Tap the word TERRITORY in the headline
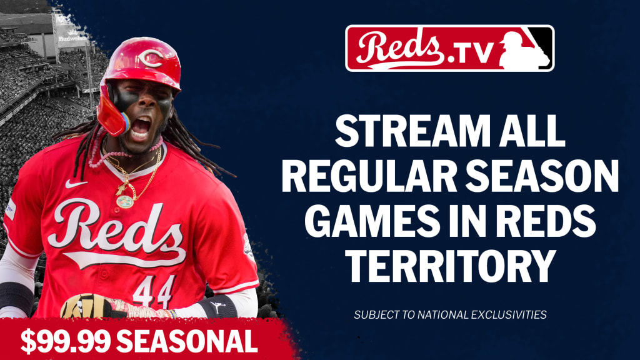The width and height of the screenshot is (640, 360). pos(450,266)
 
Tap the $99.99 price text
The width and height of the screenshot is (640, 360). pos(65,341)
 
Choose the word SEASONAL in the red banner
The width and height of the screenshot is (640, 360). pos(189,341)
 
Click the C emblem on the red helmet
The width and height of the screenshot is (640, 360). pos(151,58)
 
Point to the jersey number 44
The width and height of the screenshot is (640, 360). pos(154,291)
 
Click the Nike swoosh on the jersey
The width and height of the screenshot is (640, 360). pos(76,184)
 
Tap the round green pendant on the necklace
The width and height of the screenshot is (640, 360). pos(124,202)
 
